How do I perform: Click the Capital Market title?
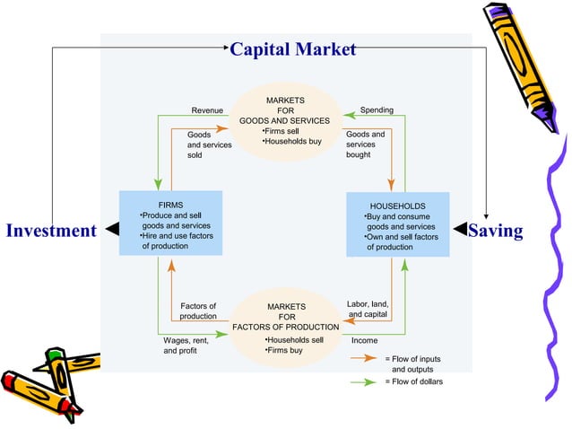pos(293,48)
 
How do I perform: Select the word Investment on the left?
pos(51,231)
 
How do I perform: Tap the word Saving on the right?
pos(495,231)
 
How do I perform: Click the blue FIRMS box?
pos(170,222)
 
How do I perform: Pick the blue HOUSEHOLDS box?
pos(397,223)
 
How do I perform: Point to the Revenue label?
pos(207,110)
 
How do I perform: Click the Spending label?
pos(377,110)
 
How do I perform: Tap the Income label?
pos(364,341)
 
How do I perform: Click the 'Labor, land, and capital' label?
pos(368,310)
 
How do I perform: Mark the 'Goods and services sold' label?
pos(209,144)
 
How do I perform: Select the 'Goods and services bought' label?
pos(365,144)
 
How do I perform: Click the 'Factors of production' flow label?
pos(197,311)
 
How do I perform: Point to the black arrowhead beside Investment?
pos(112,230)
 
